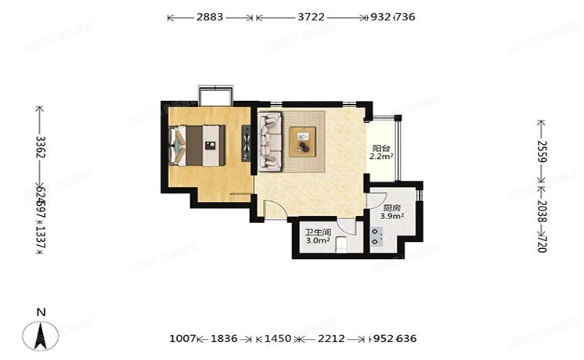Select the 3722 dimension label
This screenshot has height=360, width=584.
(311, 16)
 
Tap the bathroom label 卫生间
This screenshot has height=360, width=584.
(318, 232)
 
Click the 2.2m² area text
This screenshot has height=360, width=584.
(381, 157)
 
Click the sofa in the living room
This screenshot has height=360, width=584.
(270, 141)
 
